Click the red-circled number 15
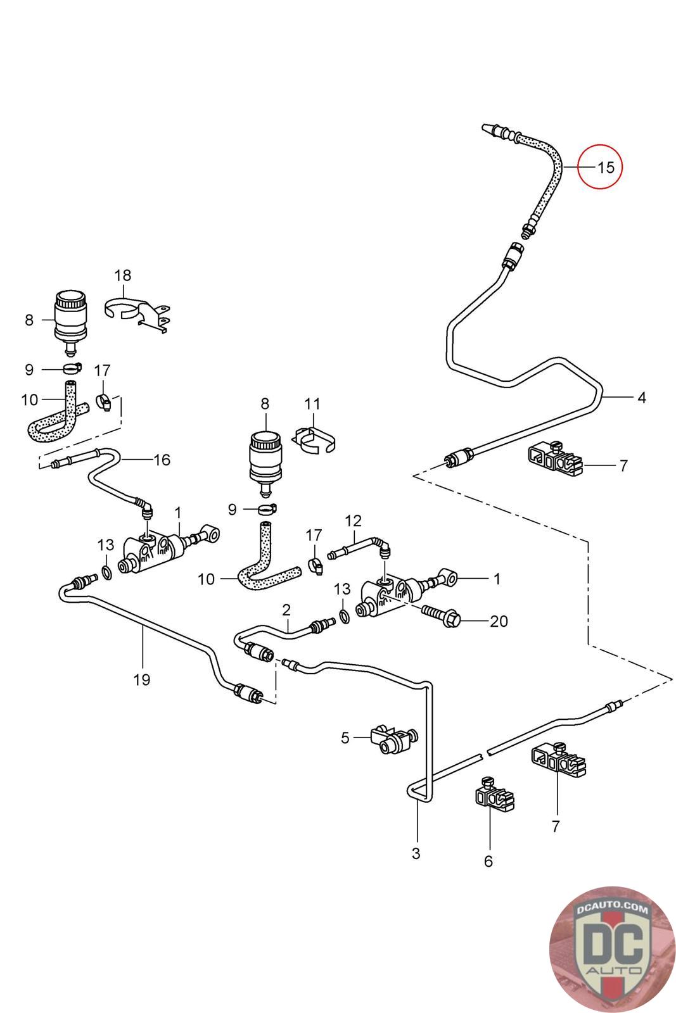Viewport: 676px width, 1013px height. [x=606, y=167]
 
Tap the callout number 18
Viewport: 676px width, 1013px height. [x=123, y=275]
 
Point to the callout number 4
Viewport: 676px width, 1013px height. [x=642, y=398]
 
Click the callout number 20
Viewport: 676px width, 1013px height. [x=499, y=621]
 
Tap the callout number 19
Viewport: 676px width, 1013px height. [x=142, y=680]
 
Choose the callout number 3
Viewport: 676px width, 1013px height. [x=416, y=853]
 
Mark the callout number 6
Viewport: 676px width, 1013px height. [x=488, y=861]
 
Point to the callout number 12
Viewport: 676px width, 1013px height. [x=353, y=521]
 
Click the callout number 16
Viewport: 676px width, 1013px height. [x=162, y=460]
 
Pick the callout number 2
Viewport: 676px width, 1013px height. [x=286, y=610]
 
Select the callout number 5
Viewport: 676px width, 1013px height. [x=345, y=738]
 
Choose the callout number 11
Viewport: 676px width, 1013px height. [x=312, y=404]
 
